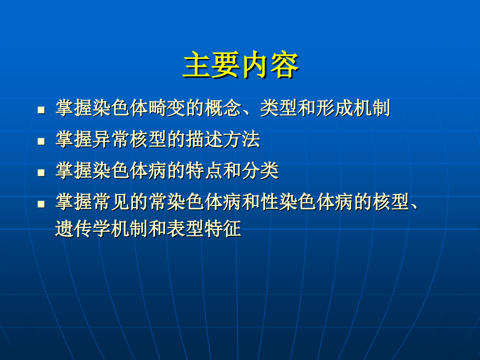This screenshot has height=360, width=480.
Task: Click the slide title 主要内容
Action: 241,66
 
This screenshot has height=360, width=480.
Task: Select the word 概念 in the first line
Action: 225,109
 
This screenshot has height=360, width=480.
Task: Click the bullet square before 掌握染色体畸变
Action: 41,111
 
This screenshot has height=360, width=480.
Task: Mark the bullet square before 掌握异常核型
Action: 41,141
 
